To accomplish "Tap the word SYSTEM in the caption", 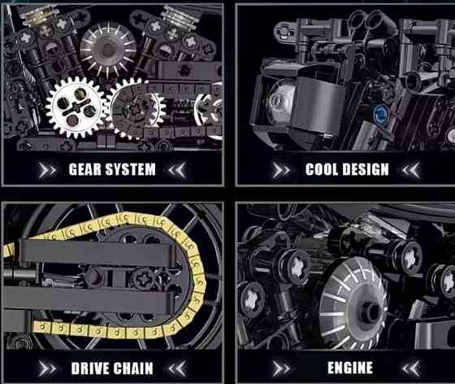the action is (x=130, y=169).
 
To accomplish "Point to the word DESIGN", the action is (x=365, y=169).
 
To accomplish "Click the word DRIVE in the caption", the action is (x=90, y=369).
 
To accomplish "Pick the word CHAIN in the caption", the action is (x=133, y=369).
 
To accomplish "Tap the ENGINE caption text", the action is (x=350, y=368).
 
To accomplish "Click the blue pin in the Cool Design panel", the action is (x=380, y=113).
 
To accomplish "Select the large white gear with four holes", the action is (x=76, y=107).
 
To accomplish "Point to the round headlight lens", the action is (x=279, y=100).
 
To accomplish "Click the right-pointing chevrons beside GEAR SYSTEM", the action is (x=47, y=170).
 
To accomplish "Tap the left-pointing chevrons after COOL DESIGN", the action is (x=411, y=170).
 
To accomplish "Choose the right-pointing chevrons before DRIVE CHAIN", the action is (x=47, y=369).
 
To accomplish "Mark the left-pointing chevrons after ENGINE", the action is (x=411, y=369).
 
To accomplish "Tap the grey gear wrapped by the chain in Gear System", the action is (x=137, y=109).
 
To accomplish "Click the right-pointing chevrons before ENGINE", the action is (x=281, y=369).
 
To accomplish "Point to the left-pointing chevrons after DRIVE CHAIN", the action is (x=177, y=369).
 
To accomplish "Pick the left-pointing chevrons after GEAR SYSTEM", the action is (x=177, y=170).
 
